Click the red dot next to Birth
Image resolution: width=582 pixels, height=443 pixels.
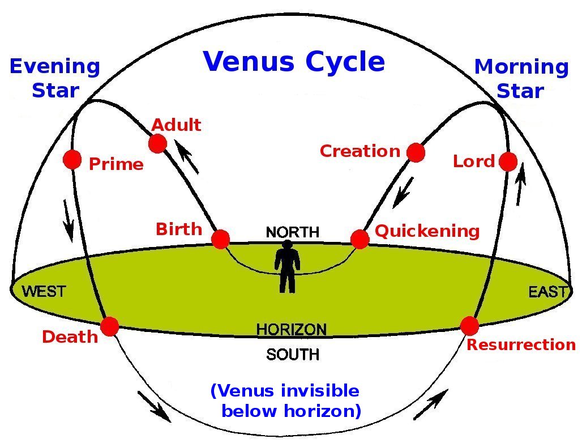click(x=220, y=238)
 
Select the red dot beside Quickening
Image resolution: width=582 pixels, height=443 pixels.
click(x=360, y=239)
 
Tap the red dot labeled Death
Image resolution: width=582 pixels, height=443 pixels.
click(x=109, y=326)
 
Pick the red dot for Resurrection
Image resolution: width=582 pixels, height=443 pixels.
click(x=469, y=326)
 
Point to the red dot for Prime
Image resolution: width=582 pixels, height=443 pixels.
click(x=72, y=160)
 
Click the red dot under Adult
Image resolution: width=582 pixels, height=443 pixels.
click(x=157, y=143)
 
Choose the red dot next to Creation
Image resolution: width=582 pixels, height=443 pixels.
click(x=416, y=152)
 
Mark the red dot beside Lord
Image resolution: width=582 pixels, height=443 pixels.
click(x=508, y=161)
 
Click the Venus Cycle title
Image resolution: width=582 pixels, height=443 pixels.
click(x=294, y=62)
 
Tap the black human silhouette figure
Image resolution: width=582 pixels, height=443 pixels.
click(x=287, y=266)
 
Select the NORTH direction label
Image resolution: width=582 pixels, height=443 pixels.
click(x=293, y=232)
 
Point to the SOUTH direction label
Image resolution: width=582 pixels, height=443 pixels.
click(x=293, y=354)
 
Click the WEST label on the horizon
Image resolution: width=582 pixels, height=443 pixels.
click(x=44, y=292)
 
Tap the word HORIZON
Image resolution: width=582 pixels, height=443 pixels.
click(x=292, y=329)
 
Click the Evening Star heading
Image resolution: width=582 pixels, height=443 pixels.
click(x=55, y=78)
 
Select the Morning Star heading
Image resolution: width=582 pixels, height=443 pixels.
click(x=521, y=78)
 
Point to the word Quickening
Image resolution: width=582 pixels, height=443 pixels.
click(x=427, y=231)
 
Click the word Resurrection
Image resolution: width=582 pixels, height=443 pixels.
click(x=521, y=344)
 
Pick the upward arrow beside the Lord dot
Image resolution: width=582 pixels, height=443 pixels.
click(x=521, y=184)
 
